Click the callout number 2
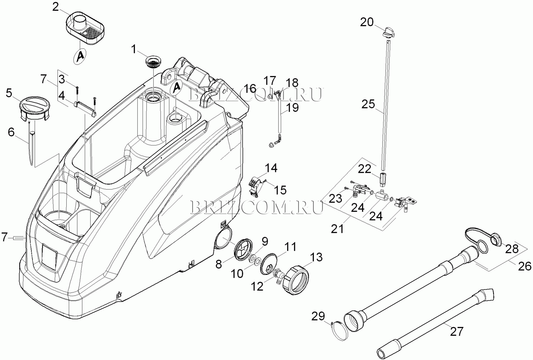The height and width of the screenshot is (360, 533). coord(56,7)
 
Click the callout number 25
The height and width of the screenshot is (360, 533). coord(368,104)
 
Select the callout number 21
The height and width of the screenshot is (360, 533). coord(337,228)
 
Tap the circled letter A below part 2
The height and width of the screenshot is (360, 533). coord(80,56)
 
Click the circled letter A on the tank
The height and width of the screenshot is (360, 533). coord(177,88)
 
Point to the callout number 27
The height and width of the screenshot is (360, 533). coord(457,331)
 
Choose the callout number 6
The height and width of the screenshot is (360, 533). coord(11,132)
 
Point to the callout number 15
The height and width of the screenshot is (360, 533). coord(280,190)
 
